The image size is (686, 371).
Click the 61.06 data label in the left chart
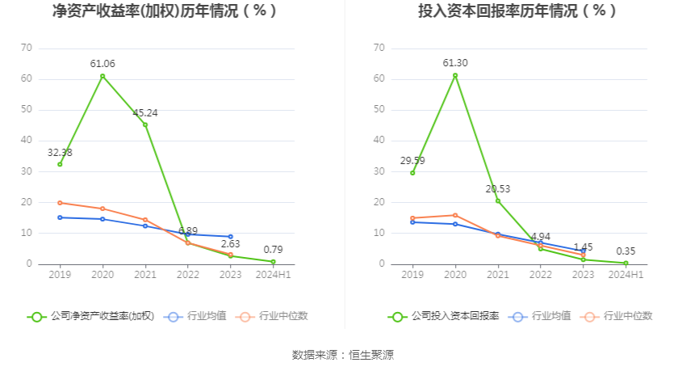tap(102, 63)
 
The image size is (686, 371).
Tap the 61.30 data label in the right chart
tap(455, 63)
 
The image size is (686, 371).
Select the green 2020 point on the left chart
tap(102, 76)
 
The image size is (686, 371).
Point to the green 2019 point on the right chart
tap(412, 173)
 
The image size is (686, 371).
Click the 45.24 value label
tap(145, 113)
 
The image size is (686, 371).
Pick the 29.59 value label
tap(412, 161)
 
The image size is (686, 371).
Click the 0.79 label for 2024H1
tap(273, 250)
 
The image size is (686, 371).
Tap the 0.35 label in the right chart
tap(625, 251)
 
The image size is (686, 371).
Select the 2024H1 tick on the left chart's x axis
tap(273, 276)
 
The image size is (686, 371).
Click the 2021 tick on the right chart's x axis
tap(498, 276)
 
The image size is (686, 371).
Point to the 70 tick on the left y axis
tap(27, 48)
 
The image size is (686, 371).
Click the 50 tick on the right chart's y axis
tap(379, 109)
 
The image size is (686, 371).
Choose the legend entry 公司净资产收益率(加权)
tap(90, 316)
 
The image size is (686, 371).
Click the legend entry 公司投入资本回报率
tap(443, 316)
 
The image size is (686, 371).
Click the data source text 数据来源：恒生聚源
tap(343, 355)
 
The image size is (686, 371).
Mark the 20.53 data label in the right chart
tap(498, 189)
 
